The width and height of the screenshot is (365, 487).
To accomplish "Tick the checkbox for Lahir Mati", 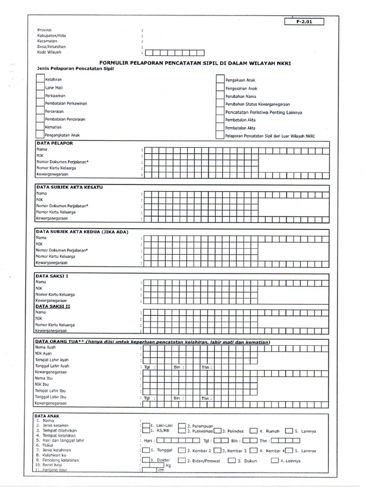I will [x=40, y=88].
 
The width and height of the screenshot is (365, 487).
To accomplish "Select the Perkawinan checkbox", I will [x=40, y=96].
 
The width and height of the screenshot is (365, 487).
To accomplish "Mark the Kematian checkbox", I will [x=40, y=127].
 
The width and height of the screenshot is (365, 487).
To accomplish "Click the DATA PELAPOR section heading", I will [x=55, y=143].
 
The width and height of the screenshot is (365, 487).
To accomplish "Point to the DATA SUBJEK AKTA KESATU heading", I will [x=69, y=187].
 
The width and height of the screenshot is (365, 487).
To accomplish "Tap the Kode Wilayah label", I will [x=49, y=52].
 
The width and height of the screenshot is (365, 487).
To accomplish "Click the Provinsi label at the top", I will [x=44, y=29].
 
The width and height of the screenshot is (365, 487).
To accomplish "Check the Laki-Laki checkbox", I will [x=146, y=425].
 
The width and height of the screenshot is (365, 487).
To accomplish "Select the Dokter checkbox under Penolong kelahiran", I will [x=146, y=460].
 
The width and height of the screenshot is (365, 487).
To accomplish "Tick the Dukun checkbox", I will [x=231, y=460].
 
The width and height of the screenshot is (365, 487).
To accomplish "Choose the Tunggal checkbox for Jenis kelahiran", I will [x=146, y=450].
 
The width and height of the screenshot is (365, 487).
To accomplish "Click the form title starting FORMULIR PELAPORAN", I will [x=195, y=63].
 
